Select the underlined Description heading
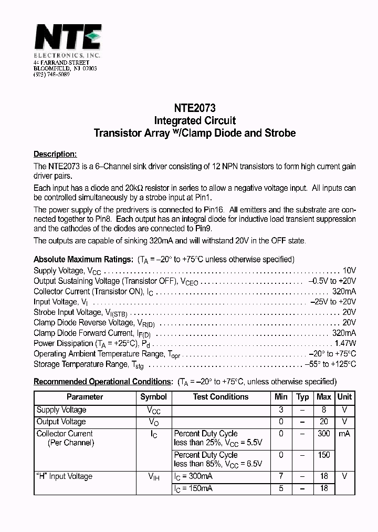click(55, 154)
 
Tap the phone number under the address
click(51, 75)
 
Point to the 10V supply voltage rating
click(349, 270)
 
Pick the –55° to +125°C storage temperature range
click(330, 364)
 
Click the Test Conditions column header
click(220, 397)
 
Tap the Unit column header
click(344, 397)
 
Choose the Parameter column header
click(85, 397)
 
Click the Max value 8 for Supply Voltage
click(324, 410)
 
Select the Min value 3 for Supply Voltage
click(281, 410)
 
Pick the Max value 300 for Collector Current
click(324, 434)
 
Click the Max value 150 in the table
click(324, 455)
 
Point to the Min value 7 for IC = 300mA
click(281, 476)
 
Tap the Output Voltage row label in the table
click(61, 422)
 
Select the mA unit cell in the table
click(344, 434)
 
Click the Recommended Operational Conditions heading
click(103, 382)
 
